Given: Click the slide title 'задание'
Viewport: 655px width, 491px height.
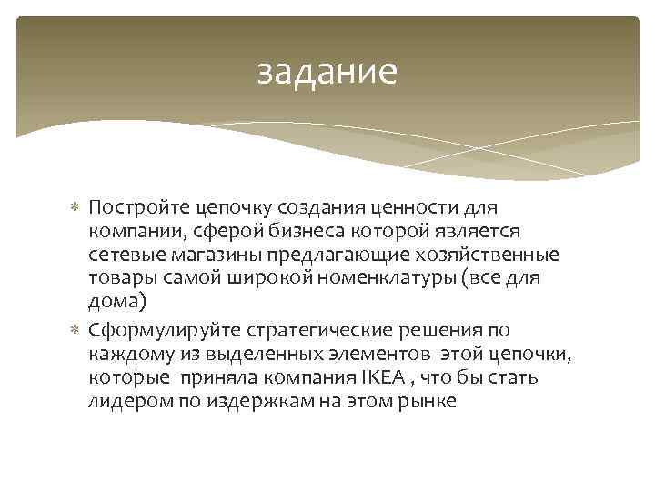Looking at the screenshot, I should (x=327, y=73).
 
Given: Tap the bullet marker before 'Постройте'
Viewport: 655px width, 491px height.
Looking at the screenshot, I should (x=76, y=211).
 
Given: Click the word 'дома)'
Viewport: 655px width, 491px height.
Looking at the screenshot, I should (x=114, y=301).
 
